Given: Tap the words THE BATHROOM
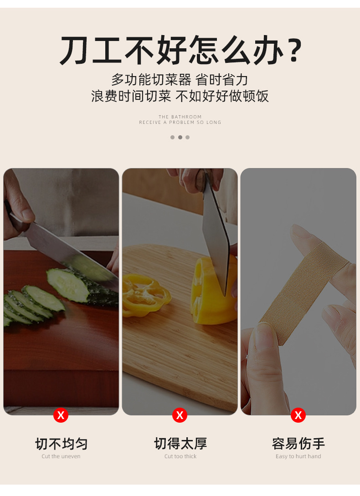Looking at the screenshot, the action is coord(180,117).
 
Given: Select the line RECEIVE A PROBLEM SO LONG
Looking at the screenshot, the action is coord(180,123).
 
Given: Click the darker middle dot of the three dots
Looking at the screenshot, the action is coord(180,137).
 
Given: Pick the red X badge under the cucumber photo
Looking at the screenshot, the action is coord(61,415).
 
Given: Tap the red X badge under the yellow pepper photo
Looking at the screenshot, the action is coord(180,415).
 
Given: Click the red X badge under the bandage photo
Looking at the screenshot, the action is coord(298,415).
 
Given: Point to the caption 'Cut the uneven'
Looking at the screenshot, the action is coord(61,456).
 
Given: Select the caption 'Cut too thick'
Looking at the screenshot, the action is coord(180,456).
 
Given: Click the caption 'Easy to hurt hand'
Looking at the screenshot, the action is coord(298,456).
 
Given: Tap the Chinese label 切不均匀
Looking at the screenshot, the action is coord(61,444).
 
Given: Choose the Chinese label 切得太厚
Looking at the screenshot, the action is coord(180,444).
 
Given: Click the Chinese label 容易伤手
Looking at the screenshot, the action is coord(298,444).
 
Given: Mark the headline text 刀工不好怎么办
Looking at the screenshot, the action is coord(171,50).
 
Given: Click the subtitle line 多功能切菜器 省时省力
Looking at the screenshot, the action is coord(180,80).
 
